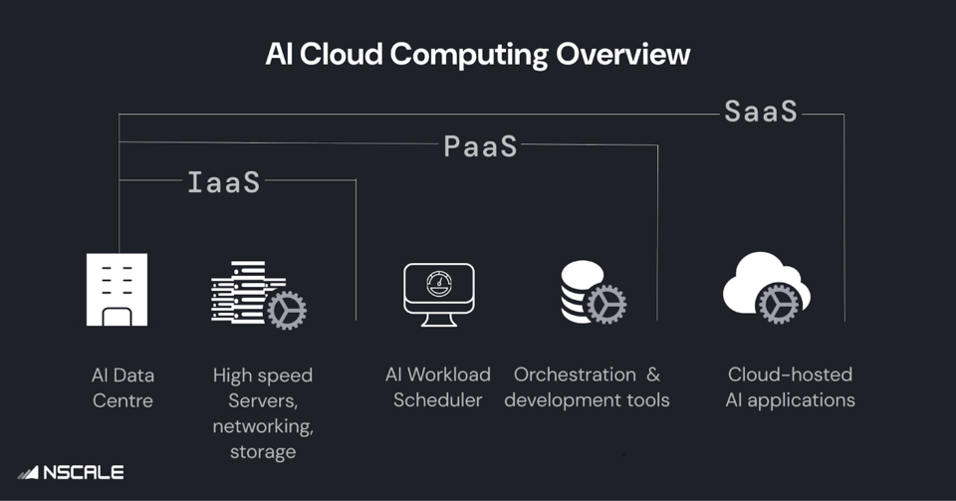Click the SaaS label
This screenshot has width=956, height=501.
(761, 112)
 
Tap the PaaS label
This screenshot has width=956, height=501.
(480, 146)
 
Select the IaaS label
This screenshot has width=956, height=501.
(224, 182)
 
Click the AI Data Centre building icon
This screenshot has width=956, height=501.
(117, 289)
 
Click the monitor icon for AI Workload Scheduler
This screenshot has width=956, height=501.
(438, 294)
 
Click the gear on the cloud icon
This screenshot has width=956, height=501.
(778, 303)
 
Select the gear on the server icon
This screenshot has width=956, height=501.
(287, 311)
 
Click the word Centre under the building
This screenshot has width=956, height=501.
(123, 400)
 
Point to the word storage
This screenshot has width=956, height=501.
(263, 451)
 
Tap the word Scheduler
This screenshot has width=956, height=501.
(438, 400)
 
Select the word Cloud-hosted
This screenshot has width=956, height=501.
(790, 375)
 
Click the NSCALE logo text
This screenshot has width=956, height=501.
(83, 472)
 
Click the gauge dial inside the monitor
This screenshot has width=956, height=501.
(438, 284)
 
